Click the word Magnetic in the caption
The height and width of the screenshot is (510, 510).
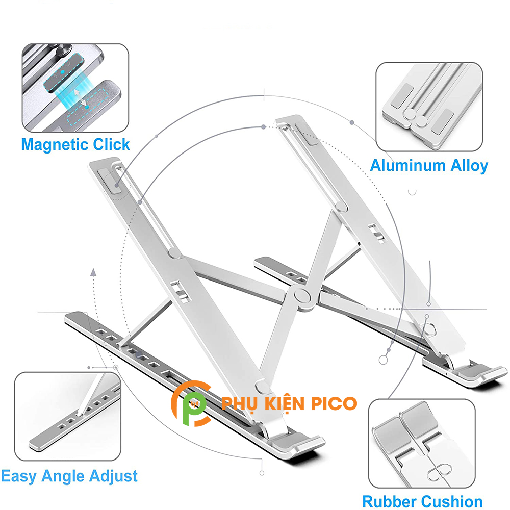pyautogui.click(x=55, y=144)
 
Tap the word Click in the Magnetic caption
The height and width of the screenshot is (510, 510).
pyautogui.click(x=111, y=144)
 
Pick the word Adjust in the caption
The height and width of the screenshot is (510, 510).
pyautogui.click(x=115, y=476)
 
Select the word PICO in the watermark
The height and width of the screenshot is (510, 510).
pyautogui.click(x=335, y=403)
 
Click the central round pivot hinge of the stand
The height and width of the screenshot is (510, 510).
pyautogui.click(x=304, y=297)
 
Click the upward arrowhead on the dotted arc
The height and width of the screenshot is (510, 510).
pyautogui.click(x=94, y=273)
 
